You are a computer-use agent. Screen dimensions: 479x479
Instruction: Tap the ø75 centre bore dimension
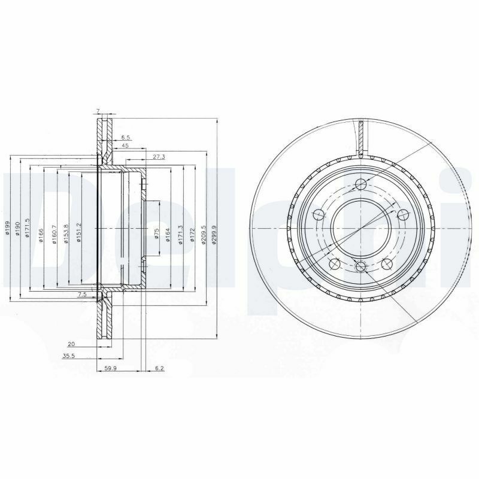tap(156, 234)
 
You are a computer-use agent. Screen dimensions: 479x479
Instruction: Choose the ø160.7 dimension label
tap(54, 233)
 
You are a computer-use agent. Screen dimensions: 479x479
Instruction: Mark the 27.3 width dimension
tap(159, 156)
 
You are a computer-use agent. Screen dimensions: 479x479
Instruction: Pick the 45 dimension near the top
tap(125, 145)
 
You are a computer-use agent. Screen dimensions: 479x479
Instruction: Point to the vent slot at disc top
tap(361, 138)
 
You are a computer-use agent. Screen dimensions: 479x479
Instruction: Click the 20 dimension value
tap(71, 344)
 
